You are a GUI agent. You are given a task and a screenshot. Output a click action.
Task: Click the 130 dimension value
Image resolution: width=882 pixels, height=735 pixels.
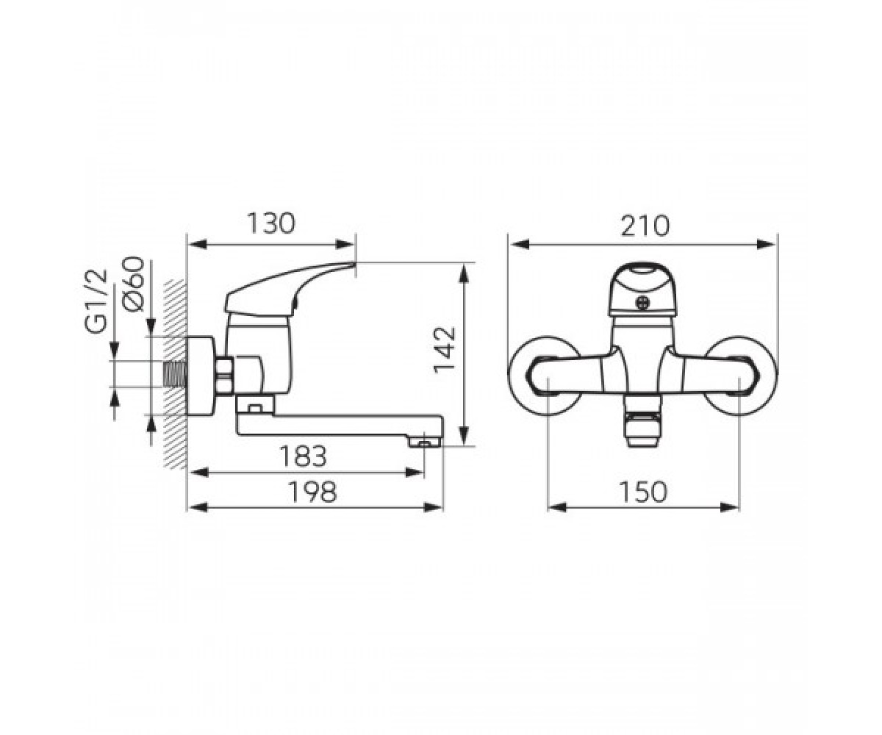(270, 223)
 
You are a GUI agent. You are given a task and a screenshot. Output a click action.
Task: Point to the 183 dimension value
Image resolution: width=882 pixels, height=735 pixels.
(304, 456)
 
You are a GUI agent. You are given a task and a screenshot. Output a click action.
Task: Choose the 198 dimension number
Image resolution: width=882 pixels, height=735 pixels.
(312, 491)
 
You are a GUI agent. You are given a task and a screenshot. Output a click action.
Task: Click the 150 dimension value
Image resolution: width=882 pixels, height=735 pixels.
(643, 492)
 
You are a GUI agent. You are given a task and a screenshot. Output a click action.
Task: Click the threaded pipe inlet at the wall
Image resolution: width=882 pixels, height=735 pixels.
(175, 373)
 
